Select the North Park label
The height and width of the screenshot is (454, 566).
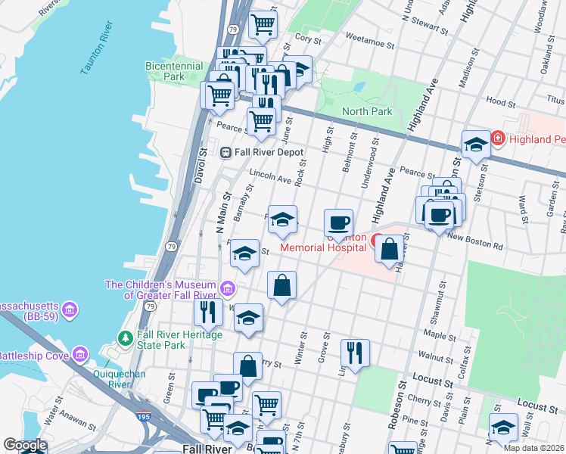(367, 111)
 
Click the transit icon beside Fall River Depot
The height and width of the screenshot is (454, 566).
(225, 152)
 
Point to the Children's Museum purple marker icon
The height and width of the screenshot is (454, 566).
(227, 288)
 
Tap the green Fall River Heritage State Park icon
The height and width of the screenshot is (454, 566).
(124, 337)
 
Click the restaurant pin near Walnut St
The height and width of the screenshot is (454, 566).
(354, 351)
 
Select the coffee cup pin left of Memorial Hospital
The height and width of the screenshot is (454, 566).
(338, 222)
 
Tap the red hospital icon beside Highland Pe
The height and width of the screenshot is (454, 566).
(498, 138)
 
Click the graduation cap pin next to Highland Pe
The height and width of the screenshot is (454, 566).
(475, 143)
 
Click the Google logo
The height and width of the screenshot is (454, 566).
(25, 446)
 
